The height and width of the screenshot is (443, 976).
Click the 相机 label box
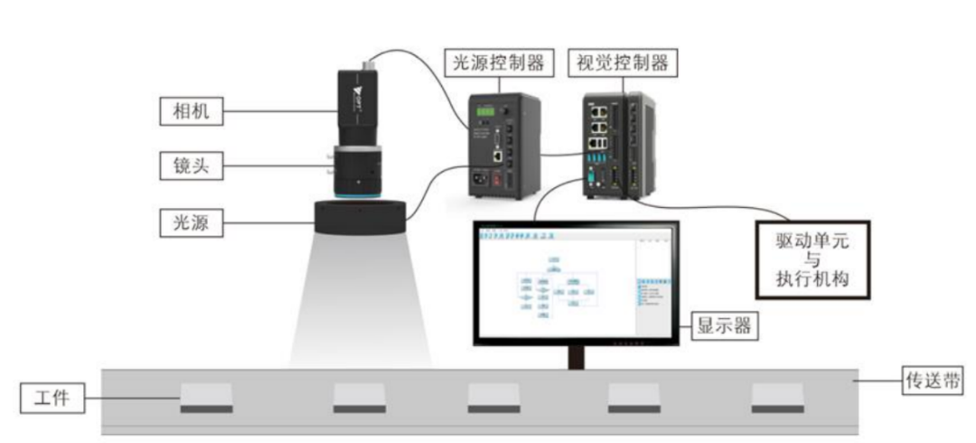click(184, 112)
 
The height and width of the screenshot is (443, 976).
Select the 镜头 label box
click(184, 166)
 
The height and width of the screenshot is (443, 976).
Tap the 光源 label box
click(184, 221)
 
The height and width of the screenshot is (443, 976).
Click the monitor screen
click(577, 283)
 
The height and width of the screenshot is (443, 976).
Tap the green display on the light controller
click(486, 111)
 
